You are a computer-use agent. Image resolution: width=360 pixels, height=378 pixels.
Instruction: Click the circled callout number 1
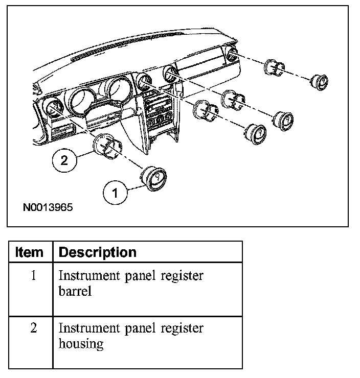click(115, 193)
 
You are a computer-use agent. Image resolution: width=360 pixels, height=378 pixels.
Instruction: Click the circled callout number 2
click(64, 160)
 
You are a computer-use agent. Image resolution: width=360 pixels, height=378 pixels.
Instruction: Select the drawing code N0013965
click(48, 208)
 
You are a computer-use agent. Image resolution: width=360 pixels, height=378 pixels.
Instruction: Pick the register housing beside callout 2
click(107, 147)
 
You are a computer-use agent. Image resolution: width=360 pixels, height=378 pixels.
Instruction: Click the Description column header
click(98, 252)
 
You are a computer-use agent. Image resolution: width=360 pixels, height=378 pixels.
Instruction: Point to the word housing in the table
click(81, 344)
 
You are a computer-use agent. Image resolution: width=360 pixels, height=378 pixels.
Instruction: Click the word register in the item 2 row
click(182, 328)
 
